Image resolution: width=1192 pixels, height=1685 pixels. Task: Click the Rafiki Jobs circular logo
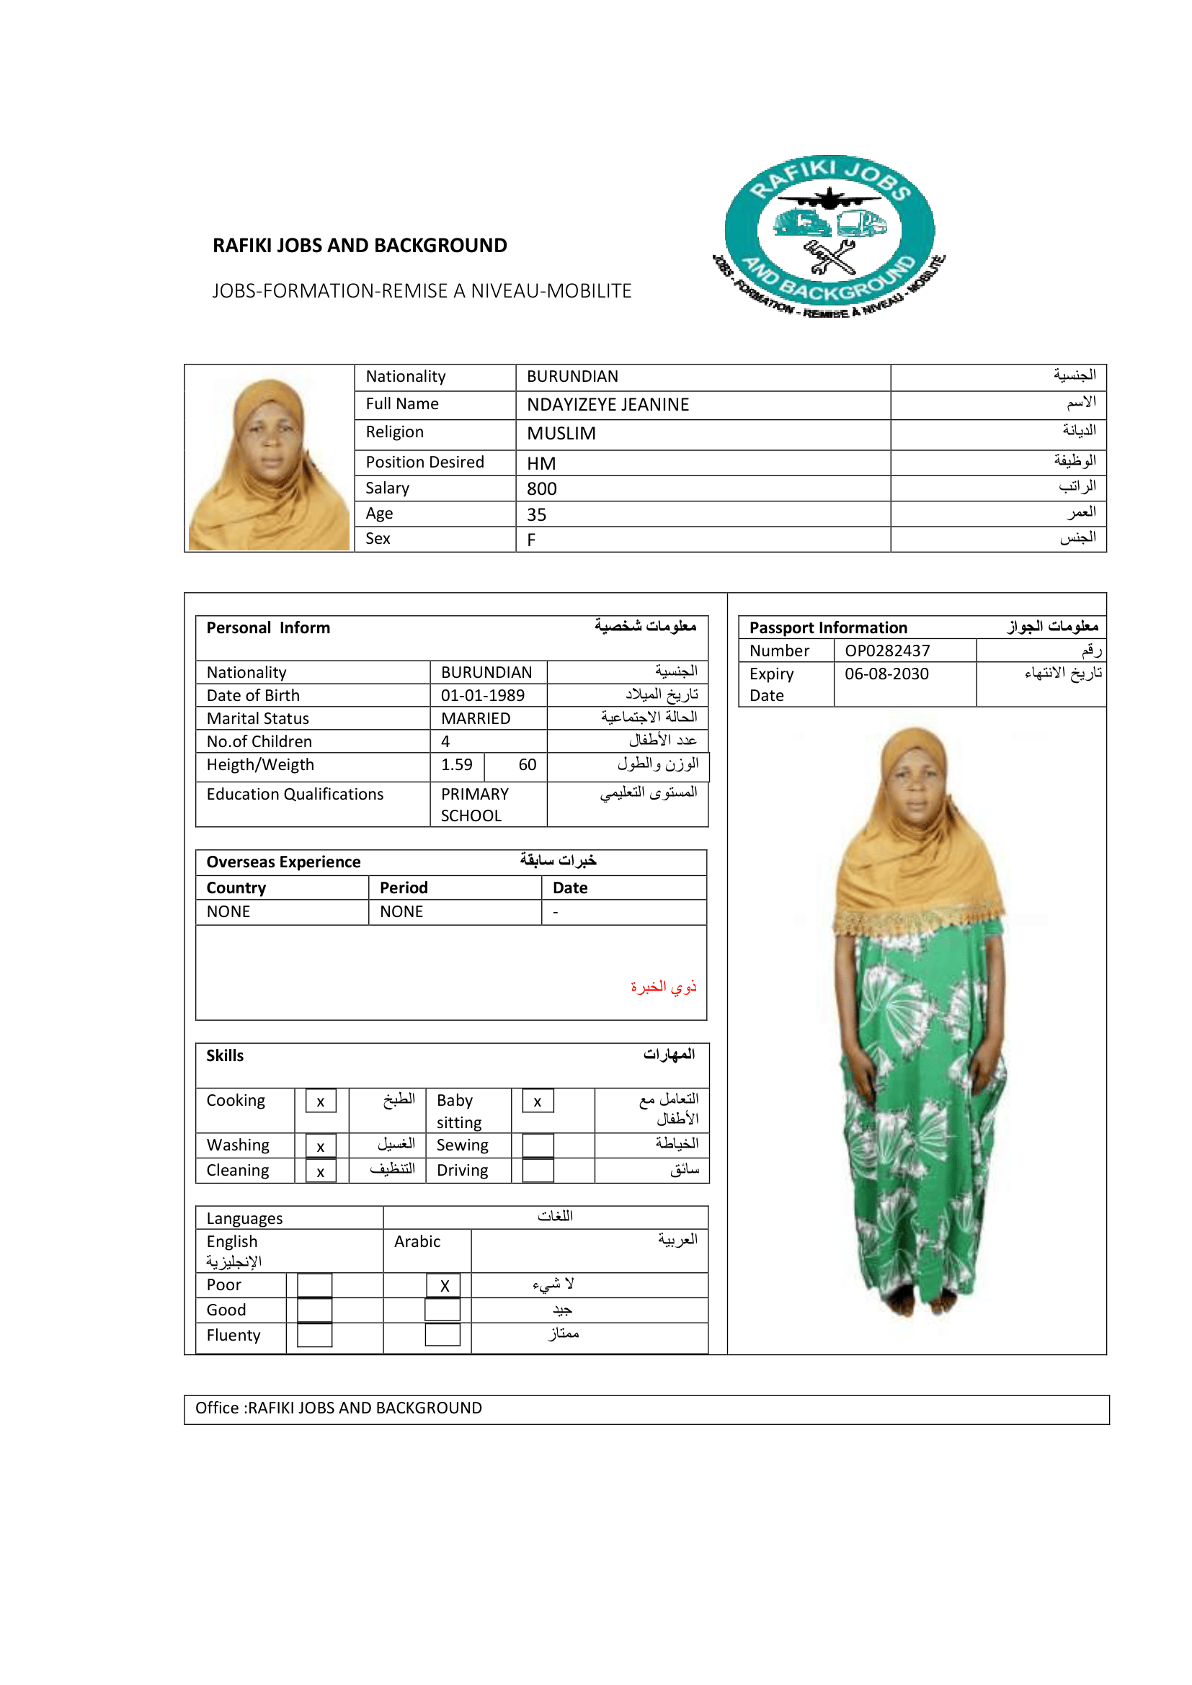[829, 236]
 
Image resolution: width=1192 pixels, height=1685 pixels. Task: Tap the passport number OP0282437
[886, 651]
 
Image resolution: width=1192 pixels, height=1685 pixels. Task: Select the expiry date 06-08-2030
[886, 674]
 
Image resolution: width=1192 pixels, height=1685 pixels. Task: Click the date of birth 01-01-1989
[482, 695]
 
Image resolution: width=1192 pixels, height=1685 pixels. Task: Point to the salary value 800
[542, 488]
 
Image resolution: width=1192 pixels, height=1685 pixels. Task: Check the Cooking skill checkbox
[321, 1101]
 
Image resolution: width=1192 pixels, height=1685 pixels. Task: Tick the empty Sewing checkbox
[538, 1145]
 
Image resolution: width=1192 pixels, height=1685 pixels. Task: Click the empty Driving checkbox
[538, 1171]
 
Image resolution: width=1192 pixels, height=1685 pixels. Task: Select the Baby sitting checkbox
[538, 1101]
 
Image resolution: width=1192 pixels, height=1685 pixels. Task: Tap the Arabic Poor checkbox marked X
[443, 1285]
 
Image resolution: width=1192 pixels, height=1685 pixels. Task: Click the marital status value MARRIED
[476, 718]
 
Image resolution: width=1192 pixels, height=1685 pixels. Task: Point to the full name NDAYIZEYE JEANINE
[608, 405]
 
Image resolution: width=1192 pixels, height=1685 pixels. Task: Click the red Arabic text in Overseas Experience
[663, 987]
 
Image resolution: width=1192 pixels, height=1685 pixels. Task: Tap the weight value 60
[527, 765]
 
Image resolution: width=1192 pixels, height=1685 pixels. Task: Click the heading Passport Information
[828, 627]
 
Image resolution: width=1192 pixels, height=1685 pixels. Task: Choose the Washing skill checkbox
[321, 1145]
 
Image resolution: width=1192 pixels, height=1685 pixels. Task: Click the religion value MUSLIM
[561, 434]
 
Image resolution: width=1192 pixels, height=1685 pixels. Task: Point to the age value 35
[537, 514]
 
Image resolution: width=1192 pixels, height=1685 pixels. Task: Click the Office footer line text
[339, 1408]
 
